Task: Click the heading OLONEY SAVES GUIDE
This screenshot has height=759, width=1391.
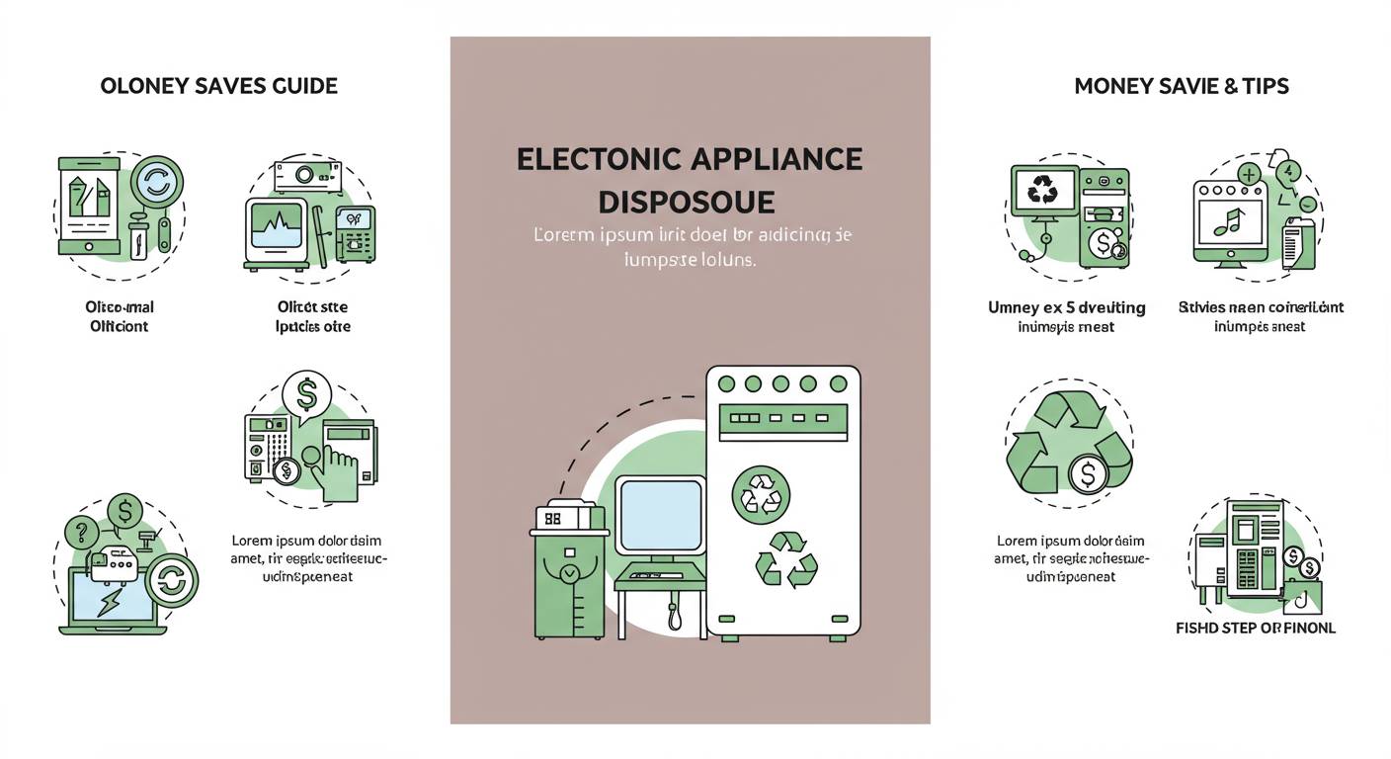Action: (219, 87)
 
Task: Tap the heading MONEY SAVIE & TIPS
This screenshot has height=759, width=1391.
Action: (1181, 87)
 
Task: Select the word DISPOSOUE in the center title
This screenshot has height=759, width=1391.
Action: (687, 202)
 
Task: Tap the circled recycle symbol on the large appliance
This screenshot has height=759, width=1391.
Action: (761, 494)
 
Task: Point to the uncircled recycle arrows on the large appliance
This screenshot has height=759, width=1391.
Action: (786, 561)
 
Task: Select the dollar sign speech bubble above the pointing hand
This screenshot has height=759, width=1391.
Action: (306, 394)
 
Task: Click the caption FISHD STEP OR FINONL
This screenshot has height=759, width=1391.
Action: (1255, 628)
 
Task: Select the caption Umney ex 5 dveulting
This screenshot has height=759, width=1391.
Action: (1066, 307)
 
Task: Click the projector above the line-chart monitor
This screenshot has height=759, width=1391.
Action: (306, 174)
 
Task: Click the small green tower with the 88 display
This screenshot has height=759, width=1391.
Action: (568, 571)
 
